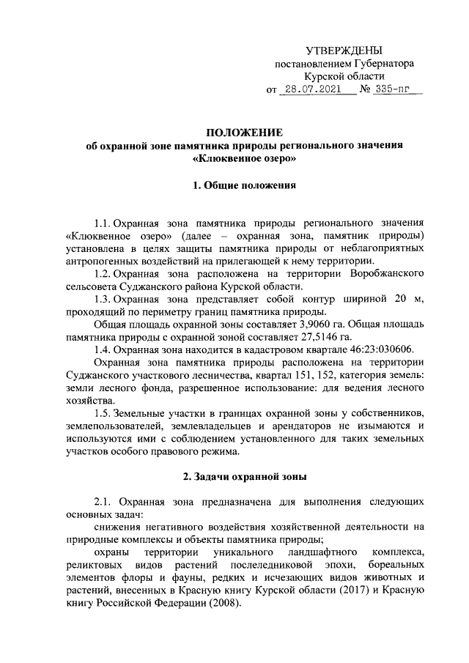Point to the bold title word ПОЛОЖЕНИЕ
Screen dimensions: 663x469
click(x=244, y=132)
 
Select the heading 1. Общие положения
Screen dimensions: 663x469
click(x=244, y=186)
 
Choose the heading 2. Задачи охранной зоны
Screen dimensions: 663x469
click(x=244, y=477)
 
